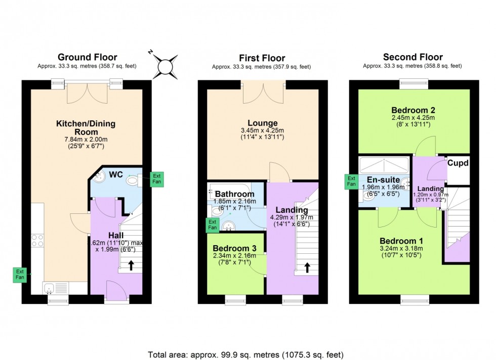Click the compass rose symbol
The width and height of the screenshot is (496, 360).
pos(164,66)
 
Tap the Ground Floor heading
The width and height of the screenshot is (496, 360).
pos(87,57)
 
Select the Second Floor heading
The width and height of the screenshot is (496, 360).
pos(412,57)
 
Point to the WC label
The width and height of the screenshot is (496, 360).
pos(116,174)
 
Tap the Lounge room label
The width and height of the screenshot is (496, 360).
pos(262,123)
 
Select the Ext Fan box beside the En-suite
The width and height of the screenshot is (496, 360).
pos(351,182)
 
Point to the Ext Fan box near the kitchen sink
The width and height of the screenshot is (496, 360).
pos(20,275)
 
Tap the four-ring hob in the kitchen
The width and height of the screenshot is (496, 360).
pos(37,240)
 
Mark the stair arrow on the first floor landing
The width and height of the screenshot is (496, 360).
pos(307,266)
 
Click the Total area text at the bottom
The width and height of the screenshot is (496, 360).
pos(246,354)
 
